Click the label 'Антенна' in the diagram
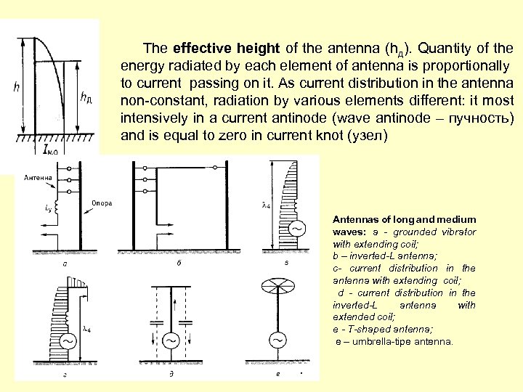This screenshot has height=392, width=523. (38, 177)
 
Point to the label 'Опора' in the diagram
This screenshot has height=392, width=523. (102, 203)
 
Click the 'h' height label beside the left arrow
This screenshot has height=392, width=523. (17, 87)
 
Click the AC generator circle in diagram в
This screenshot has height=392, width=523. (298, 228)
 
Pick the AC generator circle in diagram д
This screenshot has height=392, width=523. (171, 340)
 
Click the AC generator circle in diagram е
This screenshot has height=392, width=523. (277, 340)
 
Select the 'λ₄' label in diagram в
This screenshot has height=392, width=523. (266, 205)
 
